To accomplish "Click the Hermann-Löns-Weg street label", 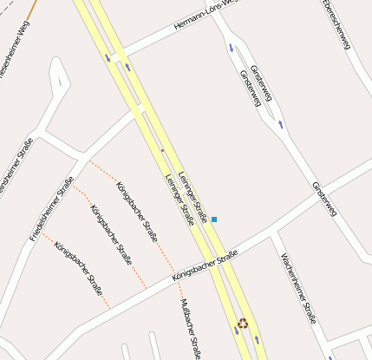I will click(x=204, y=16).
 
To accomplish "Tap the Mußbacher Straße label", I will click(x=192, y=329).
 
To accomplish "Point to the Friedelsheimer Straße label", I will click(x=51, y=208).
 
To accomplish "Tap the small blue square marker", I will click(x=214, y=219).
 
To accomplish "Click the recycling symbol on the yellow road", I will click(x=244, y=324).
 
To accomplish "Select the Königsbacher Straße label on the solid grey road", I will click(x=205, y=265).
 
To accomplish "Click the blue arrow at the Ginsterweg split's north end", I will click(x=232, y=48).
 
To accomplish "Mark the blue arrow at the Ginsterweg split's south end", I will click(x=280, y=124).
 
